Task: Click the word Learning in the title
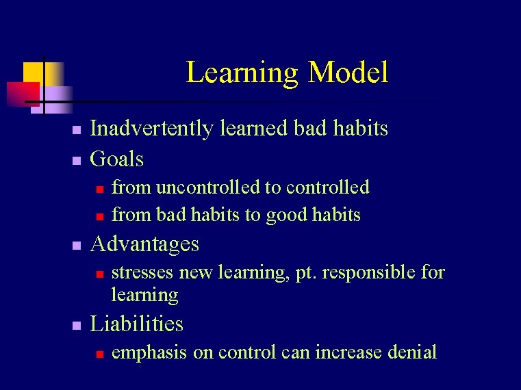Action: click(242, 73)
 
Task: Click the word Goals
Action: click(117, 159)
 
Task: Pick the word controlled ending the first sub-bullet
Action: click(327, 187)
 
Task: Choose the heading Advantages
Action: click(144, 244)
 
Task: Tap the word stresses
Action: click(142, 273)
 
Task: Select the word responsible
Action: click(368, 273)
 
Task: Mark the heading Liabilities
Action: click(137, 324)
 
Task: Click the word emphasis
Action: click(149, 352)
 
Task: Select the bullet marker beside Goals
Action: click(77, 161)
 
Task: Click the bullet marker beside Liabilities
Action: click(77, 325)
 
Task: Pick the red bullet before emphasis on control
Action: click(99, 354)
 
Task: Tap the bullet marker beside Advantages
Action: click(77, 245)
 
